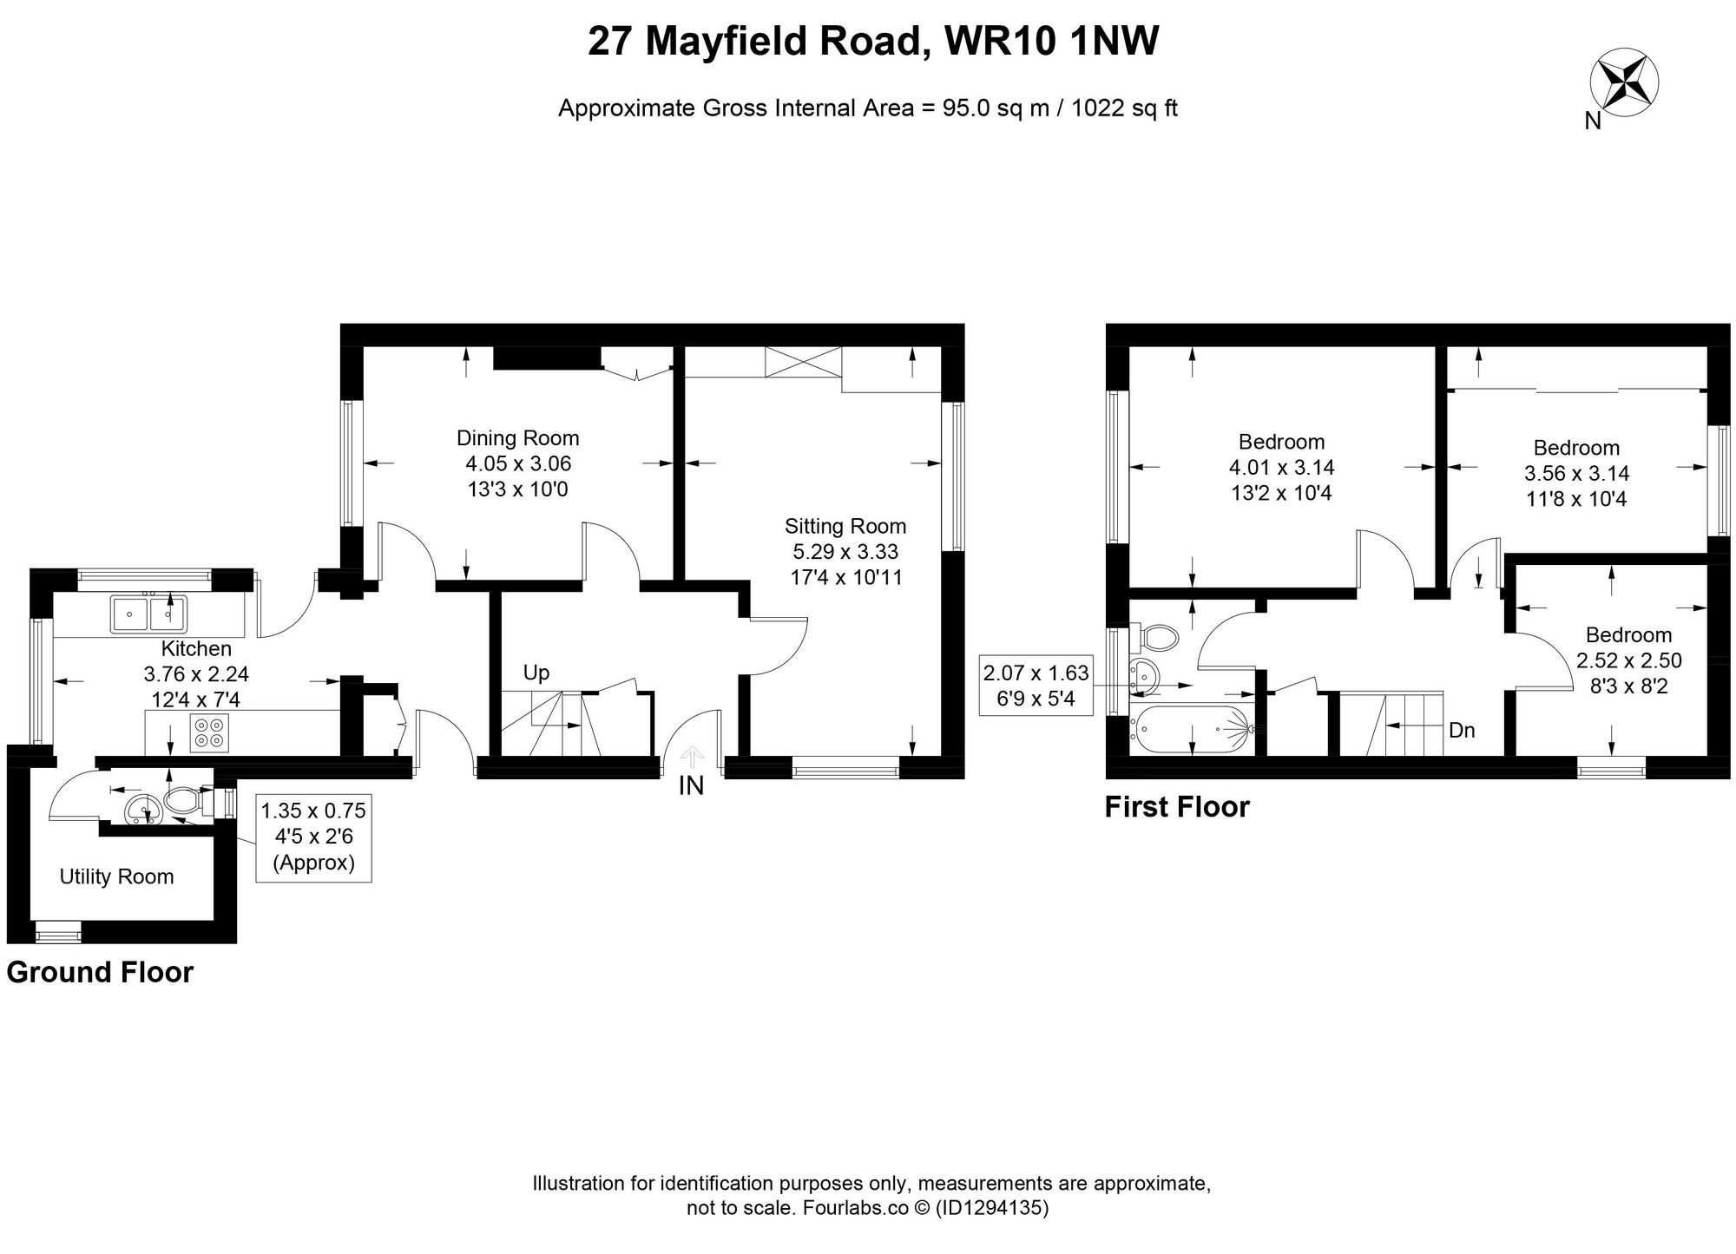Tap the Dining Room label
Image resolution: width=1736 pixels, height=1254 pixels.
(x=518, y=438)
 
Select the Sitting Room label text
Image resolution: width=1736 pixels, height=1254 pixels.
(x=845, y=526)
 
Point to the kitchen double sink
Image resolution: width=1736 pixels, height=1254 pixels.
(x=148, y=614)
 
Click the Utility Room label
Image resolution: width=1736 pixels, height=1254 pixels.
(x=116, y=876)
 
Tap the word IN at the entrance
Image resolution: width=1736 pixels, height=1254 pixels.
(x=691, y=786)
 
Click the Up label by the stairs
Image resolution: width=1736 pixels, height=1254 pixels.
(x=536, y=673)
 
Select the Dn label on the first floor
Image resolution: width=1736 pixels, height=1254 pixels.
(x=1462, y=730)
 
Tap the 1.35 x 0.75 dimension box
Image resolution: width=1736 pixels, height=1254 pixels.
(x=313, y=811)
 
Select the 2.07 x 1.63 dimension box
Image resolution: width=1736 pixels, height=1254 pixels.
(x=1036, y=673)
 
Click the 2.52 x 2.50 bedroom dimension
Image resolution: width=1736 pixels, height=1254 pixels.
(x=1628, y=660)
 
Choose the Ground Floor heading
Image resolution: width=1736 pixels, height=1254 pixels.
(x=100, y=973)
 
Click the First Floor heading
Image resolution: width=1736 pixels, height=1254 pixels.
(x=1177, y=807)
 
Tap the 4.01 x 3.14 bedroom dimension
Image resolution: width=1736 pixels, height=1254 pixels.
(x=1281, y=468)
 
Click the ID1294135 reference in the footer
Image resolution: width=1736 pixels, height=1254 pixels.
(x=992, y=1208)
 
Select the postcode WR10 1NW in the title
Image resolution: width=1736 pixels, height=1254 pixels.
(x=1052, y=42)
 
